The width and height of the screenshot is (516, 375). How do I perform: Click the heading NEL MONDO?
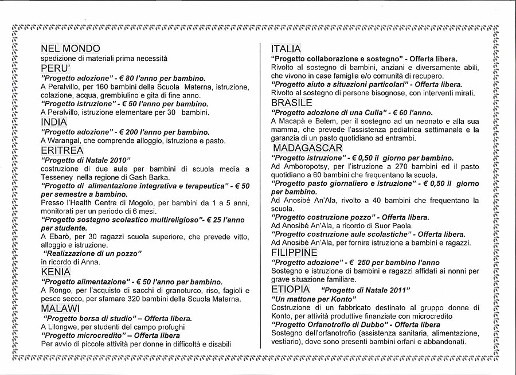70,49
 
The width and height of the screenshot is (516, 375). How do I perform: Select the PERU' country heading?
55,68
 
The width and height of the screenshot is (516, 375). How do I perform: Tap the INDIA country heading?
54,122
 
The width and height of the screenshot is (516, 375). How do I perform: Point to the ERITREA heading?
62,150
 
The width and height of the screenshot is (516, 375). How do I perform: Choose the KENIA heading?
56,272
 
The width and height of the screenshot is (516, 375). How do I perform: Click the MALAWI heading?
60,308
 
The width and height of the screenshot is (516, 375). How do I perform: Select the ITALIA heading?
286,49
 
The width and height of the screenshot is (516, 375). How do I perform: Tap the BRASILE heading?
292,103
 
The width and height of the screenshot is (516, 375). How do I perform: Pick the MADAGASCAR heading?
307,148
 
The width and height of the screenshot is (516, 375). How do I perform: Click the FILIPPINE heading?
294,252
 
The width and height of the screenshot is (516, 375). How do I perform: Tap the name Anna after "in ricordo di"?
92,262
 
